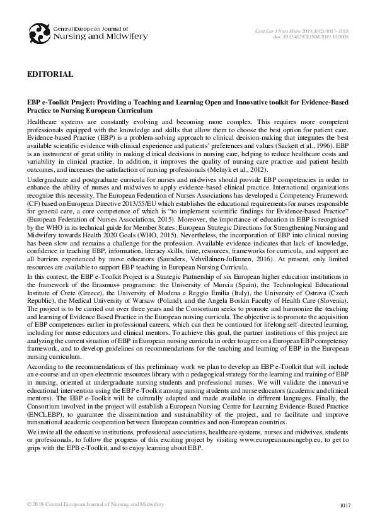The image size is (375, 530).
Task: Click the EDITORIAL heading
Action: (50, 75)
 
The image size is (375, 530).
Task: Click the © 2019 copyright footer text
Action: (95, 505)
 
